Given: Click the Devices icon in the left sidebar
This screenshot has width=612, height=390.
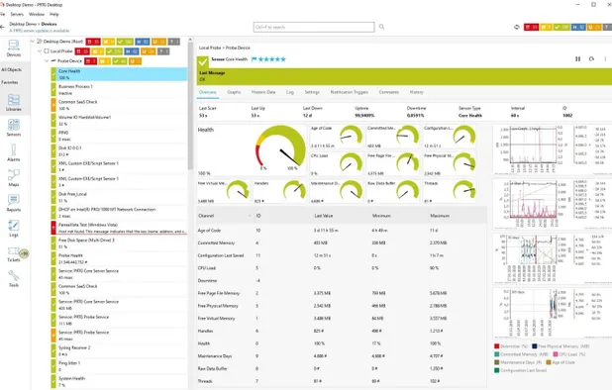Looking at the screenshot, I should (x=14, y=48).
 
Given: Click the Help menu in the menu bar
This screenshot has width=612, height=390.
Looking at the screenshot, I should (x=54, y=15).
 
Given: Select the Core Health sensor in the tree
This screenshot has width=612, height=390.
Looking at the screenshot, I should (x=71, y=71).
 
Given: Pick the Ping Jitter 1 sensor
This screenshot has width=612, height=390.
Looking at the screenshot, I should (x=69, y=362).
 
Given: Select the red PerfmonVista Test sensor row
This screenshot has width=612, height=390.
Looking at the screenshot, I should (x=89, y=225).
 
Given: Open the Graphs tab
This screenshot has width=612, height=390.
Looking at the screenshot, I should (x=235, y=91).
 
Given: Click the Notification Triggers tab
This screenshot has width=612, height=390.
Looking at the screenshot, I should (x=349, y=91).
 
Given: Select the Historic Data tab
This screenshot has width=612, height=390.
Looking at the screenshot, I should (x=262, y=91).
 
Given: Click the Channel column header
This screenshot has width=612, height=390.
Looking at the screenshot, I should (x=206, y=214).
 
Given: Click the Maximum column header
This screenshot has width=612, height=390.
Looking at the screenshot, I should (x=440, y=214).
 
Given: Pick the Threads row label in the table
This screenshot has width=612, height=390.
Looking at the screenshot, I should (x=206, y=380).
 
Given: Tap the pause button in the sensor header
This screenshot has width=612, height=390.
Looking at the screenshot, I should (x=578, y=59).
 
